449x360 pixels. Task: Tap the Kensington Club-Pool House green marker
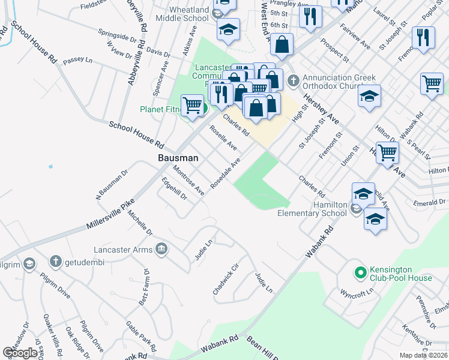[360, 273]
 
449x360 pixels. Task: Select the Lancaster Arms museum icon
[161, 248]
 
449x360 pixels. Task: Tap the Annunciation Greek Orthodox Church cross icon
[294, 80]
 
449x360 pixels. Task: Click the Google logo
[20, 353]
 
